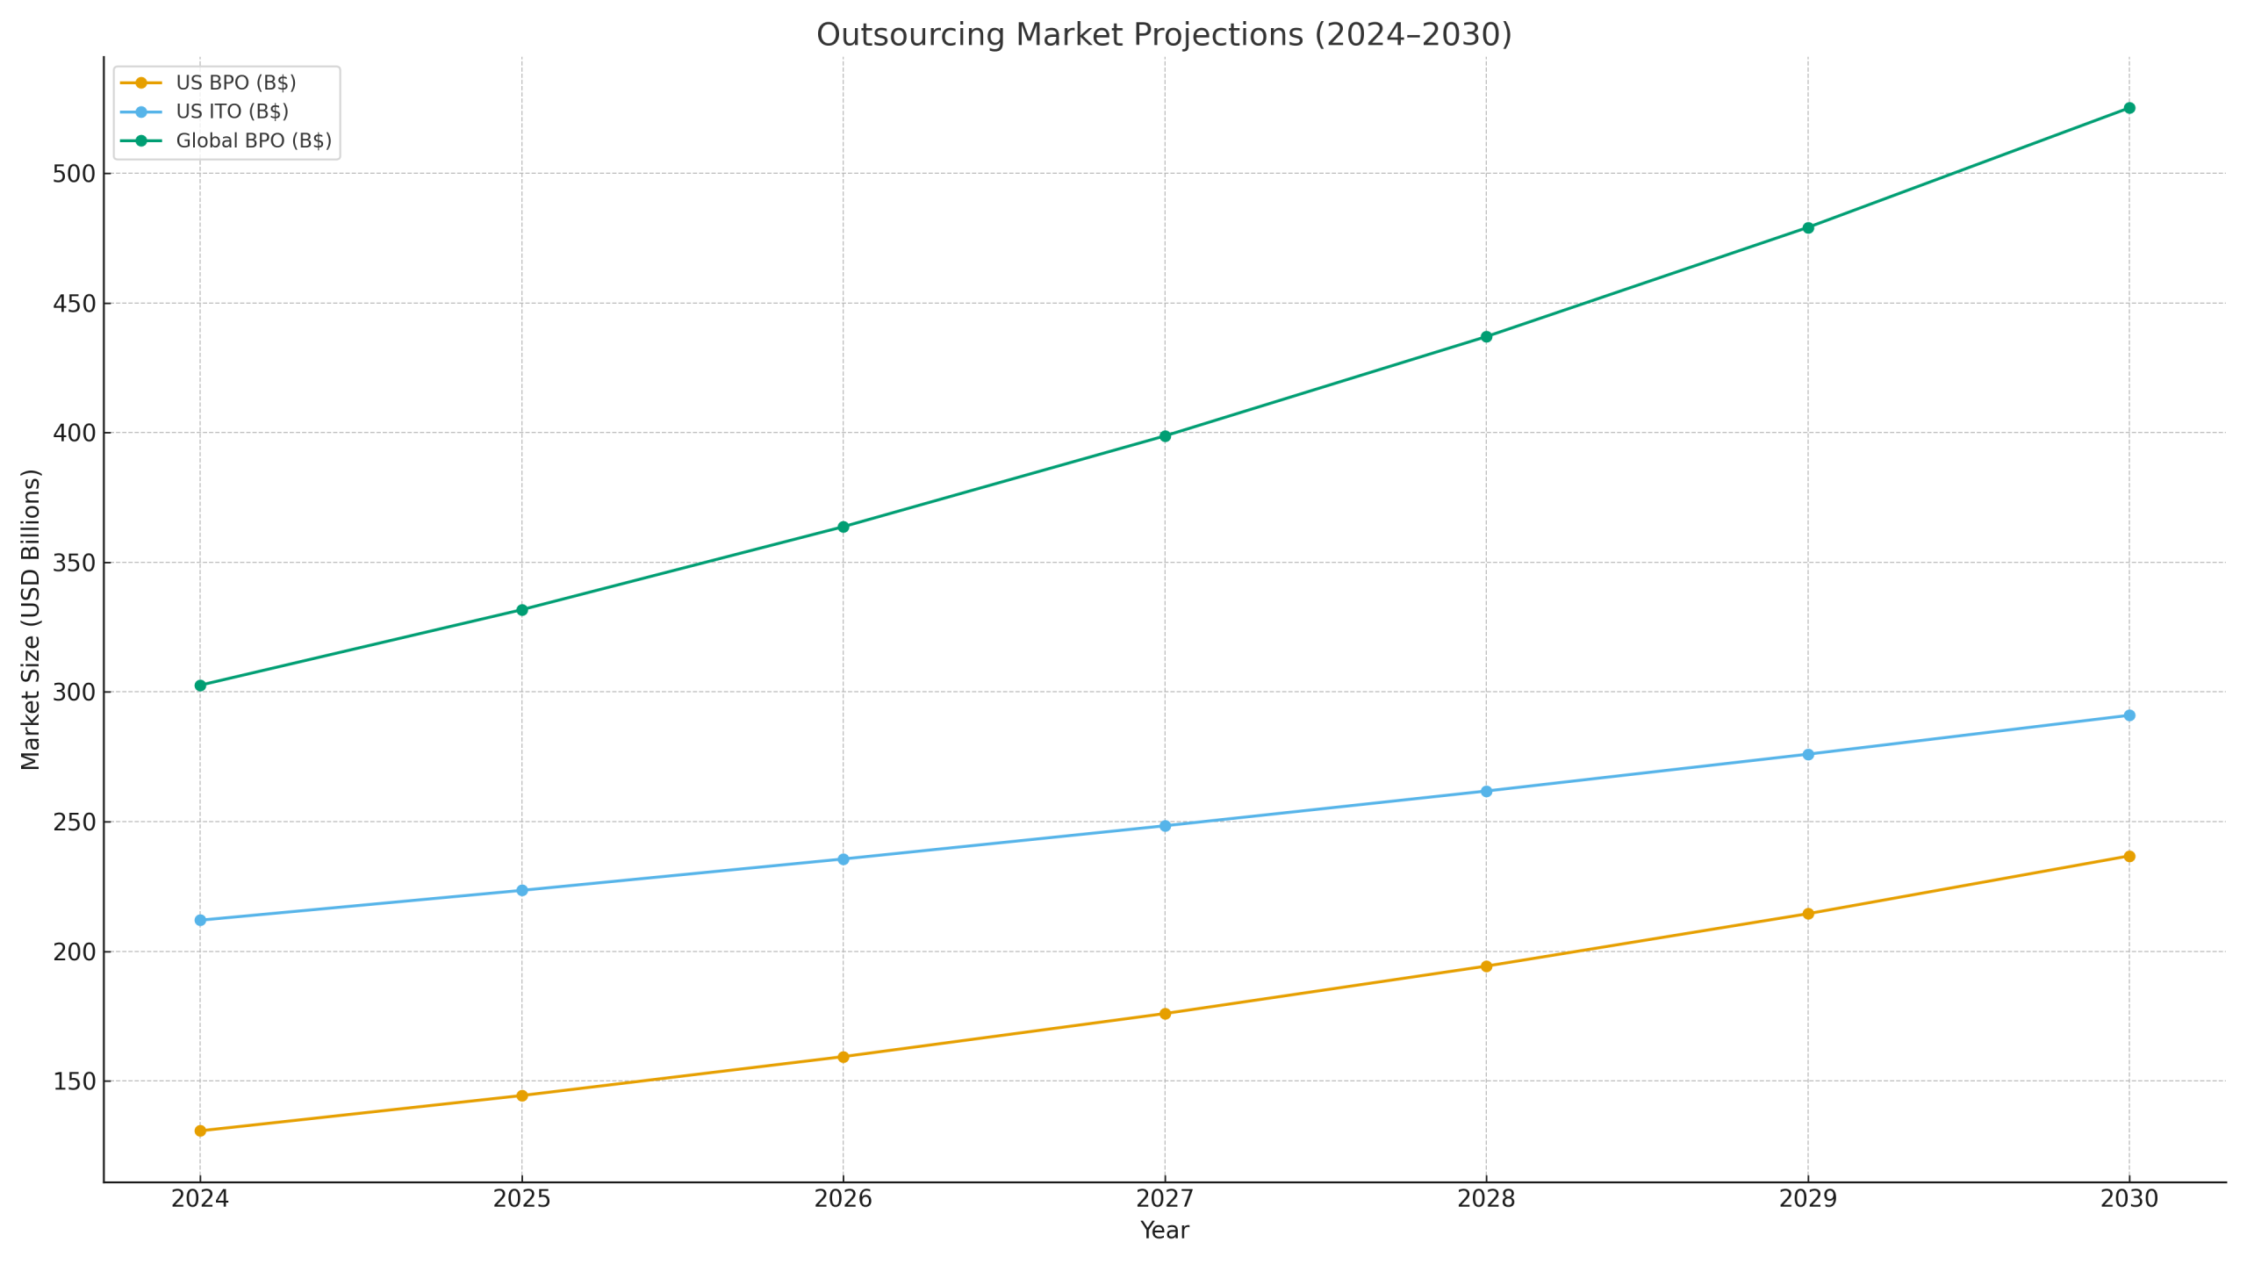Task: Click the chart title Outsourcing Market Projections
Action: [1164, 35]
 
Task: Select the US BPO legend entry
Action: [235, 83]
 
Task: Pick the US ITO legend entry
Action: [232, 111]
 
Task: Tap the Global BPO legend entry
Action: [254, 140]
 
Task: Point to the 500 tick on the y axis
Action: [73, 174]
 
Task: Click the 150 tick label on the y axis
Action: [73, 1081]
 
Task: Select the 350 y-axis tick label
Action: [73, 563]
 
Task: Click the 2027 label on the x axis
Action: [1165, 1199]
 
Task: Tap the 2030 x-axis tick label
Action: [2129, 1199]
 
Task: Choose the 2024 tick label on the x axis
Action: [200, 1199]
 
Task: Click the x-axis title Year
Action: [1164, 1231]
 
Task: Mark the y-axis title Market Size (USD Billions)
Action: [31, 620]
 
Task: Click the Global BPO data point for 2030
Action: [2129, 108]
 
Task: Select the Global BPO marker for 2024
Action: [200, 686]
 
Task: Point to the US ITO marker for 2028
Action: [1486, 791]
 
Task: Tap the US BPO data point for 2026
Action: [843, 1057]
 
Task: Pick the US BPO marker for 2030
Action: [2129, 856]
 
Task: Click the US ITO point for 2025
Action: [521, 890]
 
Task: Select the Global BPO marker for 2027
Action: [1165, 436]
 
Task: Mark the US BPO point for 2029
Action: [1807, 914]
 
